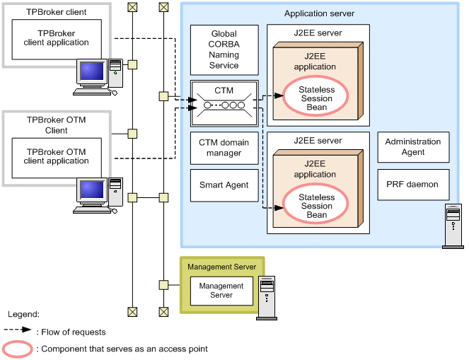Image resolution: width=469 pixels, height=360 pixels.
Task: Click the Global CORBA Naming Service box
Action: (x=224, y=50)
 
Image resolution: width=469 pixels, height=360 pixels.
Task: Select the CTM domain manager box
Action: (x=224, y=148)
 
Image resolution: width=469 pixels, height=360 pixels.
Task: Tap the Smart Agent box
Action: (x=224, y=185)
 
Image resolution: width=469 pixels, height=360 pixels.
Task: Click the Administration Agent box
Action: (x=413, y=147)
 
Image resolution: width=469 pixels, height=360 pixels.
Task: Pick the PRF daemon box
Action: (x=413, y=185)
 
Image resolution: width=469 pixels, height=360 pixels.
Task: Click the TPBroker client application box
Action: (x=57, y=38)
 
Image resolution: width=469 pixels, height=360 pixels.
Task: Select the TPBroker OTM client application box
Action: (x=57, y=156)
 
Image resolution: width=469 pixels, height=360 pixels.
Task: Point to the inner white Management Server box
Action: (x=221, y=291)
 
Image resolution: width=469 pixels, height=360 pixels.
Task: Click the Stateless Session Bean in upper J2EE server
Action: (x=317, y=98)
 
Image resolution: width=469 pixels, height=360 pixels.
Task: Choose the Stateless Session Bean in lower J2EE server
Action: (x=317, y=205)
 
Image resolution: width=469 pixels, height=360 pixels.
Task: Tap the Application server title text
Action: (x=319, y=13)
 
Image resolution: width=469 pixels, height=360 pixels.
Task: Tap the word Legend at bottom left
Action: (x=23, y=313)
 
